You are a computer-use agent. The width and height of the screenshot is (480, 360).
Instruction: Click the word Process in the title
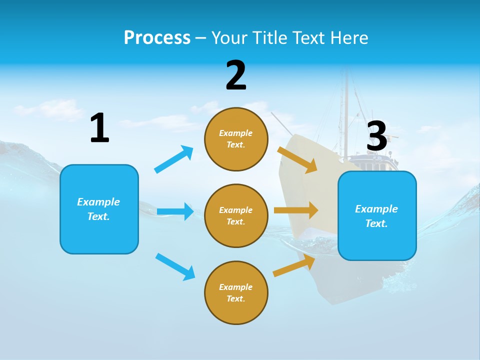click(157, 38)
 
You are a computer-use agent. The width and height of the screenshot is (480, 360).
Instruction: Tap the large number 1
click(99, 128)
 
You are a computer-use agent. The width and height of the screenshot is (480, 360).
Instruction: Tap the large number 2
click(236, 75)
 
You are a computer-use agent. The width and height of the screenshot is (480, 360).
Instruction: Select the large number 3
click(377, 136)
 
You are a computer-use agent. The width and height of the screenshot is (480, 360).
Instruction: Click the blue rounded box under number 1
click(99, 209)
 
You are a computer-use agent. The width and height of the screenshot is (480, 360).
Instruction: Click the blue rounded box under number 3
click(377, 215)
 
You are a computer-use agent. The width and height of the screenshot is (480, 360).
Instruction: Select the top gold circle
click(236, 139)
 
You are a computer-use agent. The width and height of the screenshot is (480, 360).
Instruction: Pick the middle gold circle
click(236, 215)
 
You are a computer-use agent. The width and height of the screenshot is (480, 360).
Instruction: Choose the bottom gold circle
click(236, 292)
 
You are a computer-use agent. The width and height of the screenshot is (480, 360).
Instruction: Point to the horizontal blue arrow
click(175, 211)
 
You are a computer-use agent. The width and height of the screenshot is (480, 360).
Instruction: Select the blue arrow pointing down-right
click(175, 266)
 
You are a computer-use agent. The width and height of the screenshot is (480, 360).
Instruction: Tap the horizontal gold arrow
click(295, 210)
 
